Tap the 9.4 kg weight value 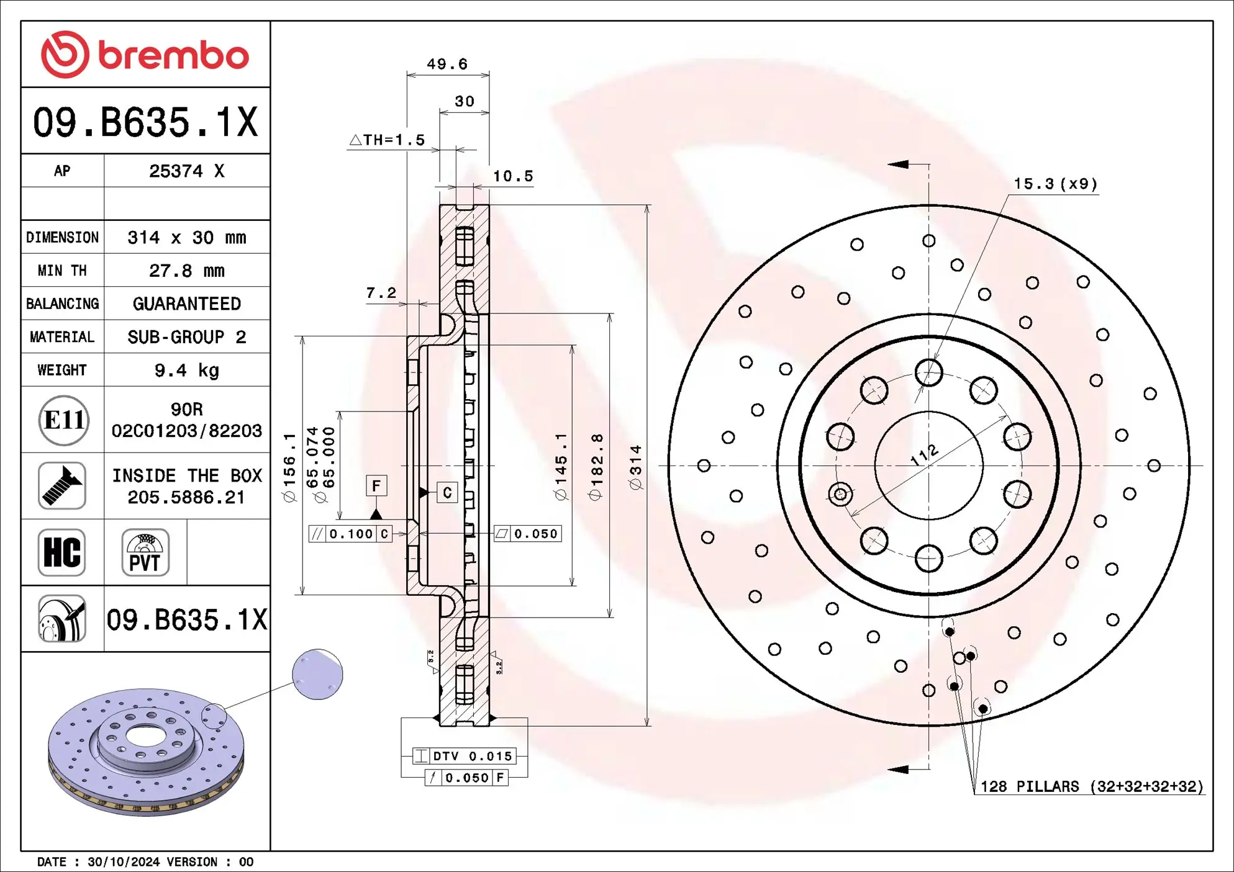coord(186,371)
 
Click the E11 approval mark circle coord(63,420)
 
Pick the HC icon coord(61,552)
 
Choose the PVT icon coord(145,552)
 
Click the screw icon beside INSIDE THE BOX coord(61,486)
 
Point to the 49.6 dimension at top coord(447,64)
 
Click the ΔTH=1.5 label coord(388,140)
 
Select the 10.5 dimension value coord(513,176)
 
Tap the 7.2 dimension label coord(381,293)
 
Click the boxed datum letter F coord(376,486)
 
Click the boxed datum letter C coord(447,493)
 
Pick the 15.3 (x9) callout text coord(1056,184)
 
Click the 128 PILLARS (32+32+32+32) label coord(1091,786)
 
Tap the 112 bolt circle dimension coord(924,455)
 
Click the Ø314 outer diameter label coord(636,467)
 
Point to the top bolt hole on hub coord(928,373)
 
